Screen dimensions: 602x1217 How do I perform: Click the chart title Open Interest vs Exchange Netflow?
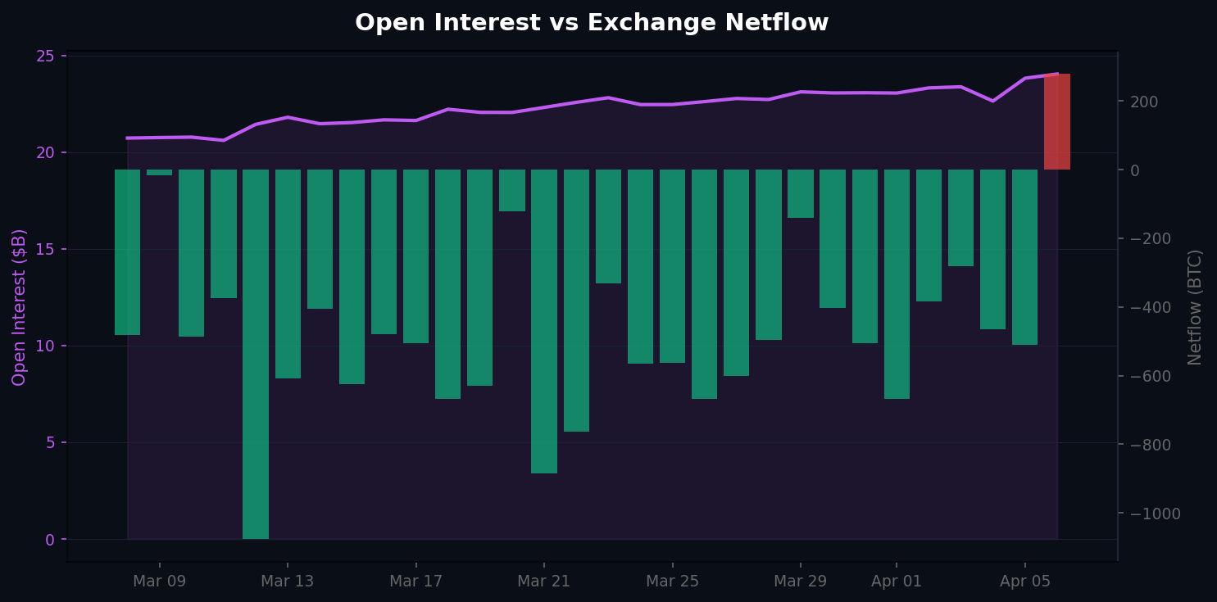pos(592,23)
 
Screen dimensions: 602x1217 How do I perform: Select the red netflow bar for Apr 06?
pos(1057,122)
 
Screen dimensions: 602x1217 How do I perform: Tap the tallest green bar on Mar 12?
pos(256,354)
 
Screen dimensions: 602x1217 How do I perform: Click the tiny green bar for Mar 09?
pos(159,173)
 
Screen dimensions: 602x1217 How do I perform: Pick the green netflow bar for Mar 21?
pos(544,321)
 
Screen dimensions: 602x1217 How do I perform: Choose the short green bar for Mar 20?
pos(512,190)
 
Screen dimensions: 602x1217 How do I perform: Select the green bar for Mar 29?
pos(801,193)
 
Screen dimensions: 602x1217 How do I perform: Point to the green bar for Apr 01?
pos(897,284)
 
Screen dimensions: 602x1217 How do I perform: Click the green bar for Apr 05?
pos(1025,257)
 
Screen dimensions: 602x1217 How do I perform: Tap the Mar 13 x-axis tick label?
pos(287,582)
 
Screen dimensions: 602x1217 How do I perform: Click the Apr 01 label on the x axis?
pos(897,582)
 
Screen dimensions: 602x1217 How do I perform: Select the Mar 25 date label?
pos(672,582)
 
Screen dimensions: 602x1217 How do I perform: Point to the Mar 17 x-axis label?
pos(416,582)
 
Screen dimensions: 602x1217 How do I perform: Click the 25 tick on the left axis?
pos(45,57)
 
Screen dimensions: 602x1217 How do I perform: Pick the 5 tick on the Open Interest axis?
pos(50,443)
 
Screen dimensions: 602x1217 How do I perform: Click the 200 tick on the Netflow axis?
pos(1146,102)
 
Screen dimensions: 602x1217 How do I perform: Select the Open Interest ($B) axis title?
pos(20,307)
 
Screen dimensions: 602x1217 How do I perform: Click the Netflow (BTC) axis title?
pos(1195,307)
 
